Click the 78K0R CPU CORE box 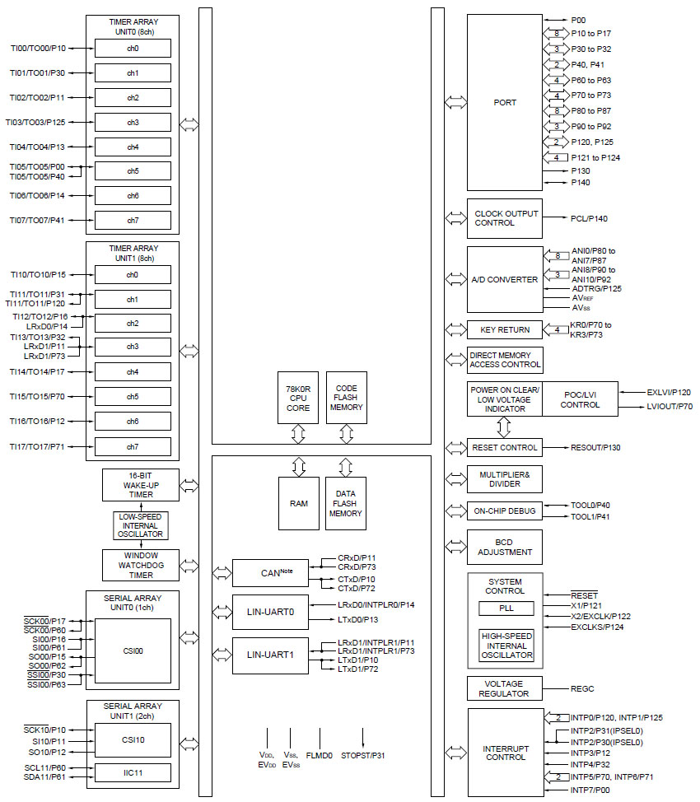click(298, 397)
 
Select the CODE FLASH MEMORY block click(346, 397)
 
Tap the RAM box click(298, 502)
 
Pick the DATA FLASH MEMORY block click(346, 502)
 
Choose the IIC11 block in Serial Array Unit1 click(133, 773)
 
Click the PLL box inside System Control click(506, 608)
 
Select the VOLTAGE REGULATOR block click(504, 688)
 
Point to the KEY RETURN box click(504, 329)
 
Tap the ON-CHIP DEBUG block click(504, 511)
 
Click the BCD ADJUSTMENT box click(504, 547)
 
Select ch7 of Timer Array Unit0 click(133, 221)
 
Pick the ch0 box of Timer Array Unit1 click(133, 274)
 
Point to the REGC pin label click(581, 688)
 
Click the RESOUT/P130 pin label click(595, 448)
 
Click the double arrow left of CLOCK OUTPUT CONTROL click(455, 218)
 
